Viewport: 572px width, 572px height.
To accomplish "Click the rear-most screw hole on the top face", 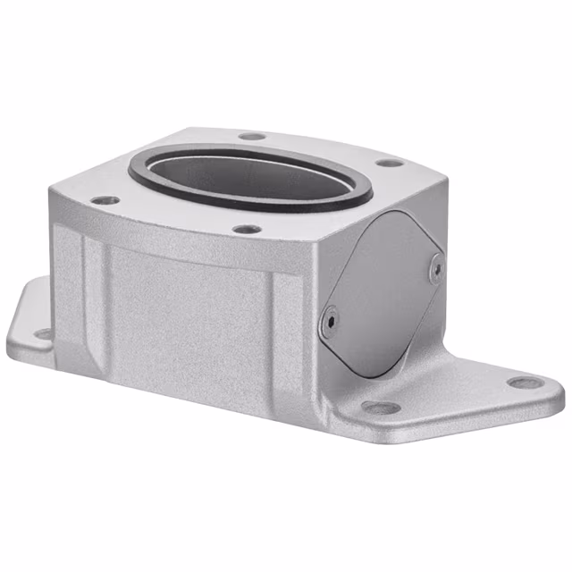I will tap(253, 137).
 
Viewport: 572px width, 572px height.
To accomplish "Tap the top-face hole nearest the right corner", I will tap(387, 164).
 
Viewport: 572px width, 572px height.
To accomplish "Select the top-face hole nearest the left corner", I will tap(105, 200).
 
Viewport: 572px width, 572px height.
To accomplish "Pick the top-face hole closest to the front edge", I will tap(248, 230).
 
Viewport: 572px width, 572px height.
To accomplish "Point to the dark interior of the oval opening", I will tap(250, 174).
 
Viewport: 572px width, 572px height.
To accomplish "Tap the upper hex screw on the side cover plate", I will tap(435, 267).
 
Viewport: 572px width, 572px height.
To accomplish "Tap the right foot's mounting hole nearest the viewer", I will tap(382, 408).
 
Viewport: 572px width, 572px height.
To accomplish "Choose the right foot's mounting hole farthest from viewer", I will tap(525, 383).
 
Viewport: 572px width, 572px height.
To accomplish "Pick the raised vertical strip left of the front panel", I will tap(89, 295).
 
